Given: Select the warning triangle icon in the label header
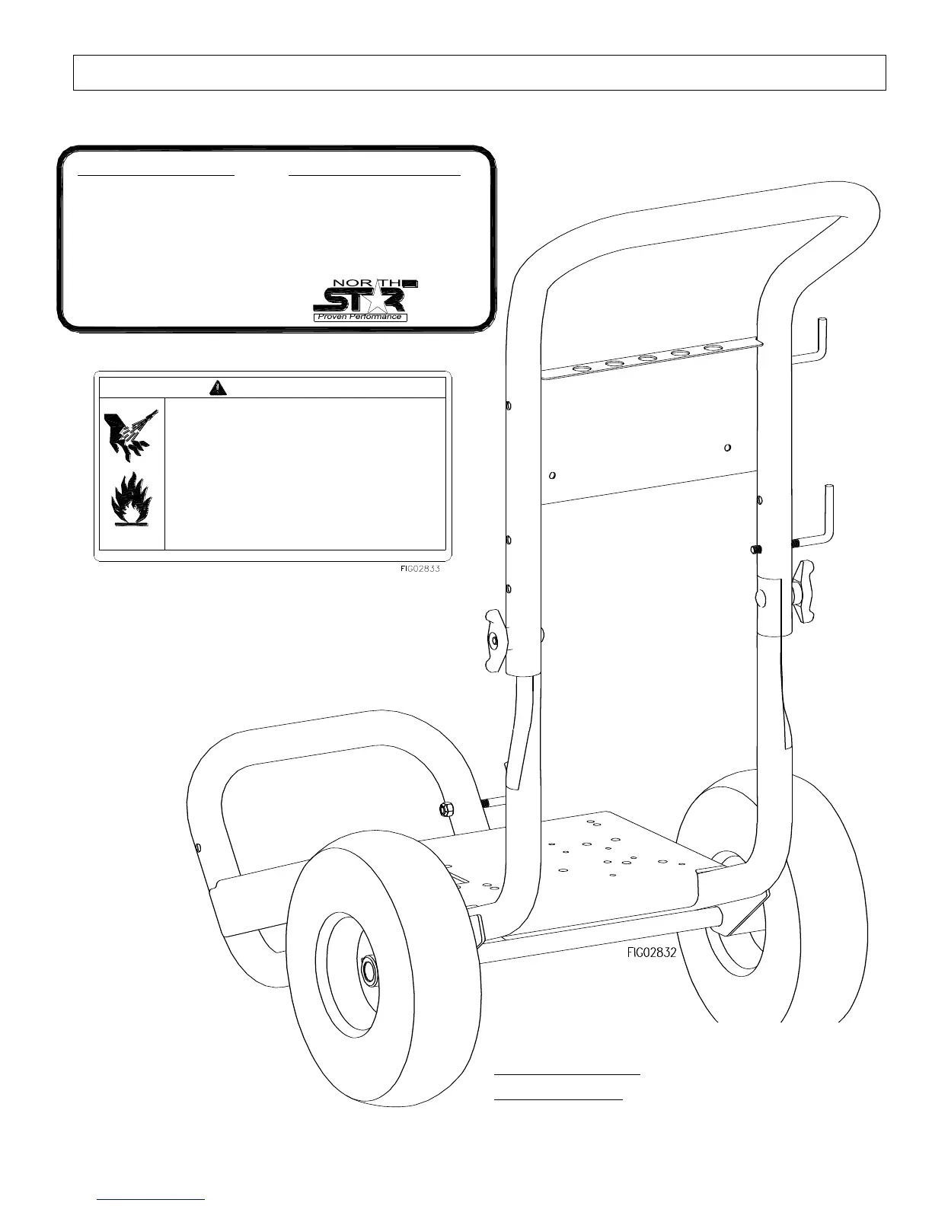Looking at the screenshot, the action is pyautogui.click(x=219, y=388).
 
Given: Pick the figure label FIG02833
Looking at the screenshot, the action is pyautogui.click(x=420, y=568).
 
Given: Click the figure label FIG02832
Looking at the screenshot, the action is pyautogui.click(x=652, y=951).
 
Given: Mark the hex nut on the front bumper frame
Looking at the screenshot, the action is pyautogui.click(x=447, y=809).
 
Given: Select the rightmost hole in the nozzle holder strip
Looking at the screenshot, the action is pyautogui.click(x=713, y=348).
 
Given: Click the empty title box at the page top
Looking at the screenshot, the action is pyautogui.click(x=479, y=73).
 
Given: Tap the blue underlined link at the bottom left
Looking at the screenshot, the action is pyautogui.click(x=152, y=1199).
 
